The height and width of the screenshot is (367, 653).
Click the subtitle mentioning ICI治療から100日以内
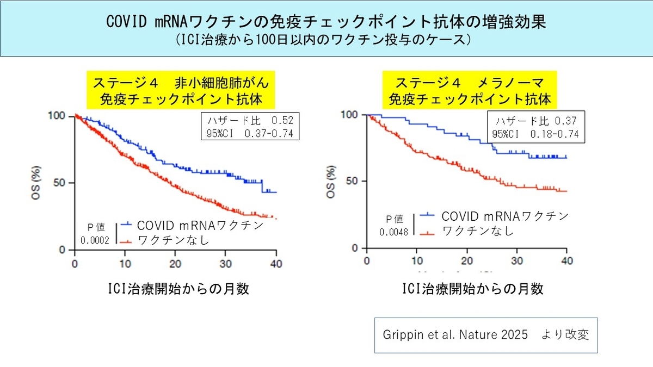(x=326, y=40)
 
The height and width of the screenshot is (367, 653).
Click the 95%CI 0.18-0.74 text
(x=535, y=134)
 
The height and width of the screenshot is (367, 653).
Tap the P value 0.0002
(x=95, y=240)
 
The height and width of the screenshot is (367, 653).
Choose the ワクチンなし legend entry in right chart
(x=478, y=232)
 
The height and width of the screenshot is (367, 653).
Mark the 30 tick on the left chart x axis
(x=226, y=263)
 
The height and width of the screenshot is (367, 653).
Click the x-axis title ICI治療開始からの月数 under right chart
(x=472, y=289)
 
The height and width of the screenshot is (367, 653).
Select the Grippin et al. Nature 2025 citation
(x=486, y=335)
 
